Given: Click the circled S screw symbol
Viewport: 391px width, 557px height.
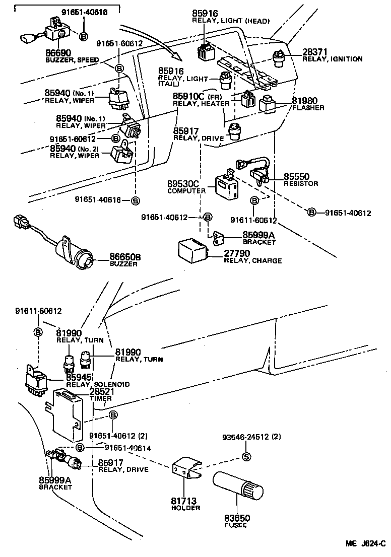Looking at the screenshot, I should pyautogui.click(x=246, y=457).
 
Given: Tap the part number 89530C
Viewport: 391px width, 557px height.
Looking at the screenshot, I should pyautogui.click(x=186, y=185).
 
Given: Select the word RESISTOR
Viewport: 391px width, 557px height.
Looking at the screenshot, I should pyautogui.click(x=301, y=184).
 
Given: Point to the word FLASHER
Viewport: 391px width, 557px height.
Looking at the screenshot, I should pyautogui.click(x=308, y=108).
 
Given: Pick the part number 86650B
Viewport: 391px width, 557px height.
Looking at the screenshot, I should pyautogui.click(x=125, y=257).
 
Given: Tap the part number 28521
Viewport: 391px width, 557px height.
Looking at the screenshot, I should pyautogui.click(x=103, y=391).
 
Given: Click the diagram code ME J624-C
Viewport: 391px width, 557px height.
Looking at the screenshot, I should pyautogui.click(x=365, y=544).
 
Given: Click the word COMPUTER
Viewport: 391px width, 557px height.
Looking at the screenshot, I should pyautogui.click(x=186, y=191).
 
